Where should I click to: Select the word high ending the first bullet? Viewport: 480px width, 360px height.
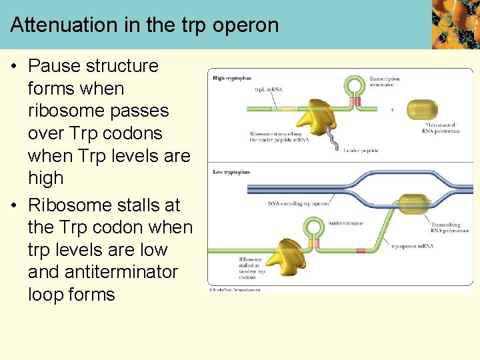tap(45, 178)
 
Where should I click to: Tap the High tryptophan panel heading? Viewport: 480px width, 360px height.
tap(231, 79)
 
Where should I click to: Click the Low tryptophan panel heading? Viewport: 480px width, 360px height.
tap(231, 172)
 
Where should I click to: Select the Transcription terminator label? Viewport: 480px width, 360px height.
tap(385, 82)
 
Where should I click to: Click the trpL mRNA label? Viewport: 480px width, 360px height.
tap(268, 89)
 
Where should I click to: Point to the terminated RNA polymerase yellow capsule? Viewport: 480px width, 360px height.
tap(422, 110)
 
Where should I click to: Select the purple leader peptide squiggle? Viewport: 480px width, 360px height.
tap(331, 139)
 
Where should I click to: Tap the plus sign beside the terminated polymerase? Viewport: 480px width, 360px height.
tap(391, 111)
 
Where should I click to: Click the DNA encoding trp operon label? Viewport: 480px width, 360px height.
tap(298, 203)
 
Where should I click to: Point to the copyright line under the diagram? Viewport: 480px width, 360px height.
tap(235, 290)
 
